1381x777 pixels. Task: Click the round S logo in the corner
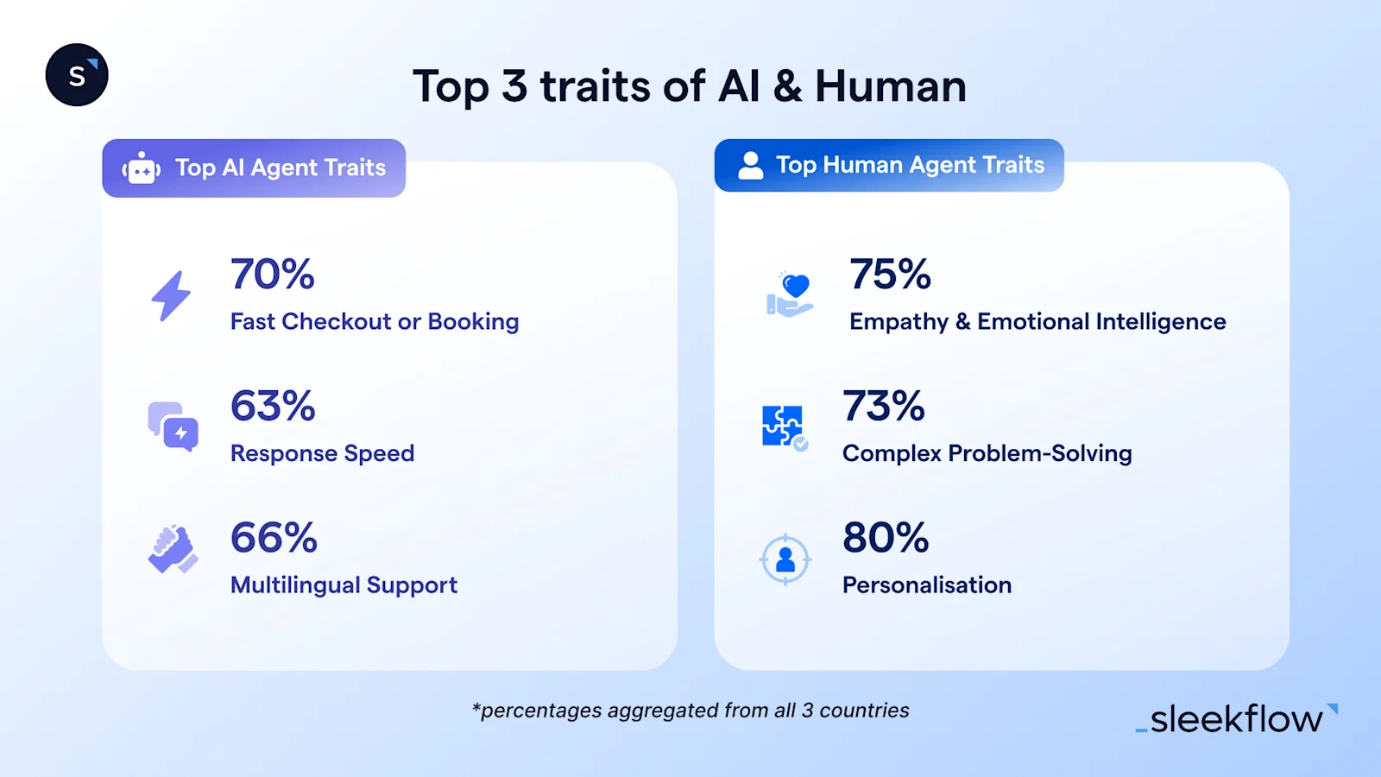coord(77,75)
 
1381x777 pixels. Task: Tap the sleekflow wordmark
coord(1236,719)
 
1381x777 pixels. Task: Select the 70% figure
coord(272,275)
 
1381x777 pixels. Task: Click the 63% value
coord(273,407)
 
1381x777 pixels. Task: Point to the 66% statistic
coord(274,538)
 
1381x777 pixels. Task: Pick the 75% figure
coord(890,275)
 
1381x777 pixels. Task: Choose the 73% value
coord(884,407)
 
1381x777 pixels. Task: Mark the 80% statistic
coord(886,538)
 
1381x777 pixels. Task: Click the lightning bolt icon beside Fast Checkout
coord(171,296)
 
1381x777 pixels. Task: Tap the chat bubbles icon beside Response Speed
coord(173,426)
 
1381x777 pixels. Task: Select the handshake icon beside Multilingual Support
coord(173,549)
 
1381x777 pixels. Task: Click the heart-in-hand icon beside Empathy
coord(790,294)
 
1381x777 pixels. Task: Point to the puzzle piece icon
coord(784,427)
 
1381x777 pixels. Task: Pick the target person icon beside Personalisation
coord(785,559)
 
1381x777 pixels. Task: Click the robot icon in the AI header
coord(142,169)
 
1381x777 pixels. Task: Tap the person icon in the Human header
coord(751,165)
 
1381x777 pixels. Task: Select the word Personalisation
coord(926,585)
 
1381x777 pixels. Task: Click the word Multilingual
coord(294,585)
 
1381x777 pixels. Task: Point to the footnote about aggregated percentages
coord(690,711)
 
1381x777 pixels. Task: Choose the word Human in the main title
coord(890,86)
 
